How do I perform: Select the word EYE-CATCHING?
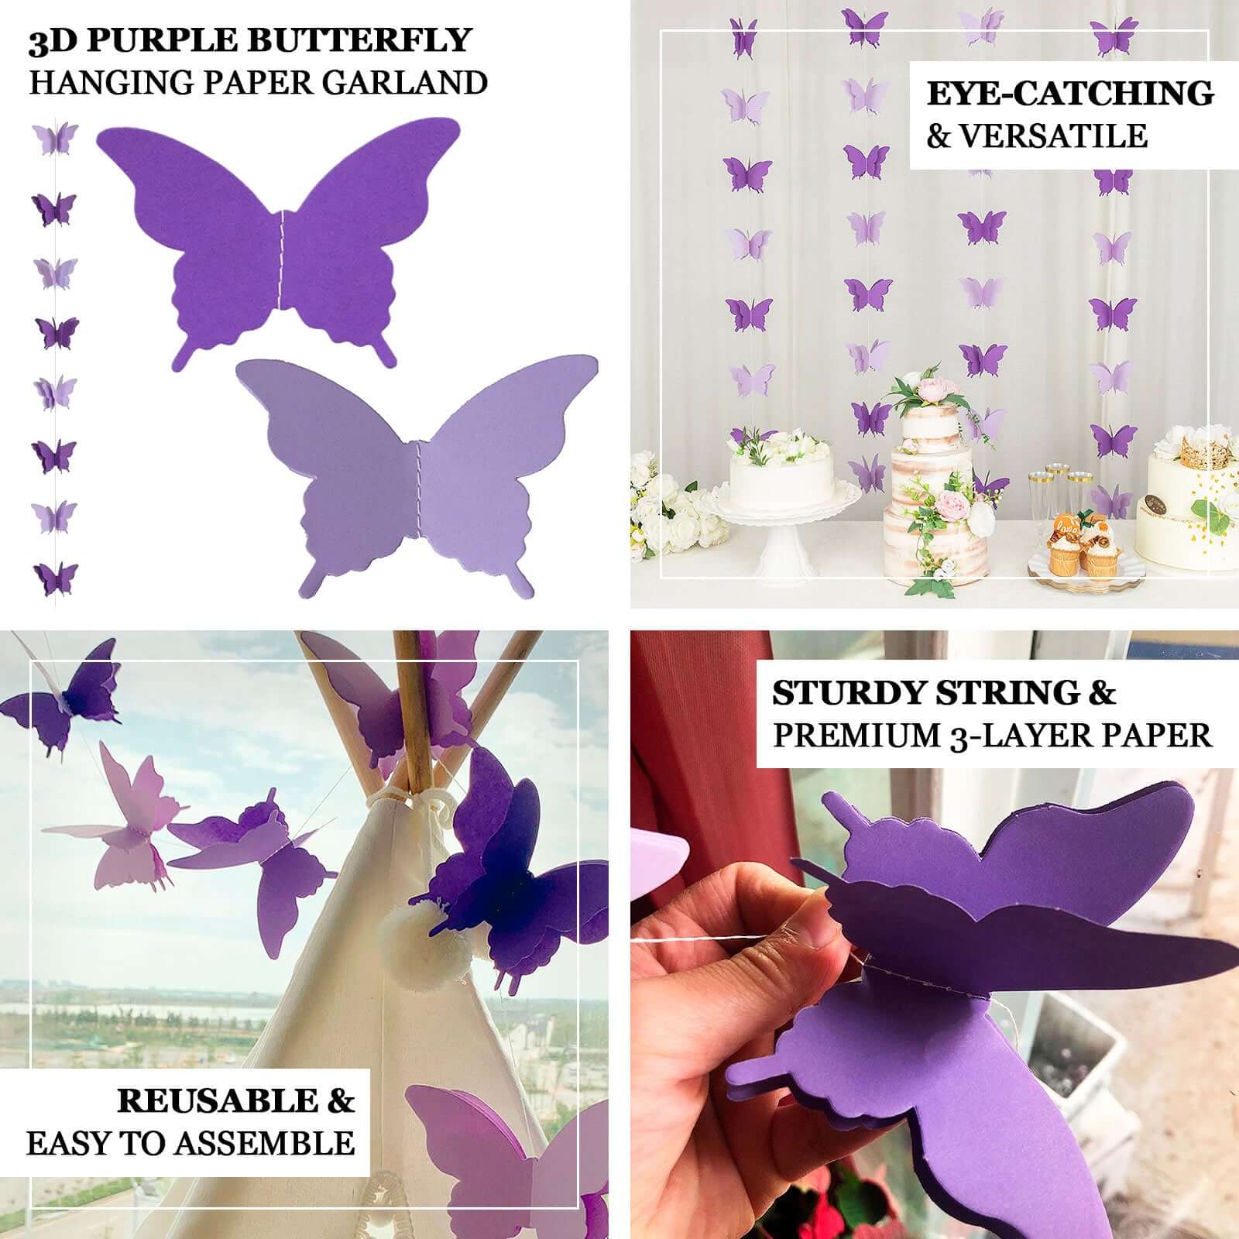click(1070, 94)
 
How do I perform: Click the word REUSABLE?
click(218, 1100)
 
